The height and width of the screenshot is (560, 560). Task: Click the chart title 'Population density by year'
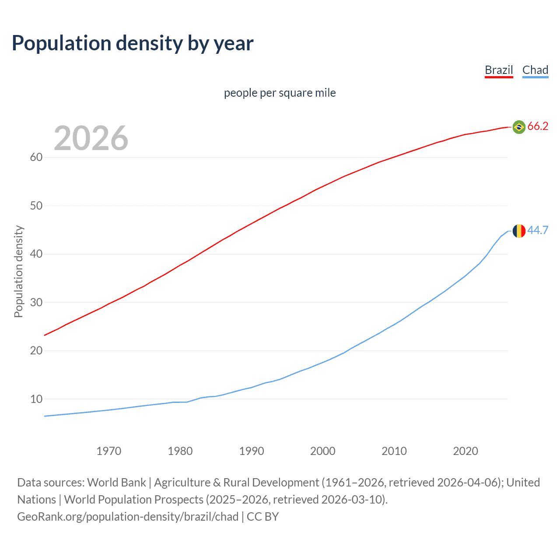pos(133,43)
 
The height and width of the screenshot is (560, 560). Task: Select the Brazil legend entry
pos(499,70)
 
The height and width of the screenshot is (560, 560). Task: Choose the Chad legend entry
pos(535,70)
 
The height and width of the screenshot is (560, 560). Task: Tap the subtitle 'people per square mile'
pos(280,93)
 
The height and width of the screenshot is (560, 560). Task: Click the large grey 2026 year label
pos(91,138)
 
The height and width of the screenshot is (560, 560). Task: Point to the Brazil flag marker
pos(519,127)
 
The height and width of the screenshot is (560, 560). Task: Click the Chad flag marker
pos(519,231)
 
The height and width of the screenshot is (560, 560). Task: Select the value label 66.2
pos(538,126)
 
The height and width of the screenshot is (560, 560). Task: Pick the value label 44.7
pos(538,230)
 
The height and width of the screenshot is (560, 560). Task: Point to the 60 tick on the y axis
pos(36,157)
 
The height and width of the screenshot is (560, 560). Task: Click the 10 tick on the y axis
pos(36,399)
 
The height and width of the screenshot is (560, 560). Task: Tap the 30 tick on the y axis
pos(36,302)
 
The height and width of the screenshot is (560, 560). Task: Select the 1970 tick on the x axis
pos(109,451)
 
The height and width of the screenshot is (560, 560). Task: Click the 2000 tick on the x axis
pos(323,451)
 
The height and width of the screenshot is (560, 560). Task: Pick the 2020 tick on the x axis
pos(465,451)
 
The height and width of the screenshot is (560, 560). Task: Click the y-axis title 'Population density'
pos(18,271)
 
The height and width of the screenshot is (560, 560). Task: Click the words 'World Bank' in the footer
pos(116,483)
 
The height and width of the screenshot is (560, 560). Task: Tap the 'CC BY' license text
pos(262,517)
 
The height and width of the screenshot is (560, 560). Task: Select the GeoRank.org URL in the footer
pos(128,517)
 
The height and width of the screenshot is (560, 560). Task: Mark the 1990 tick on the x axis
pos(252,451)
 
